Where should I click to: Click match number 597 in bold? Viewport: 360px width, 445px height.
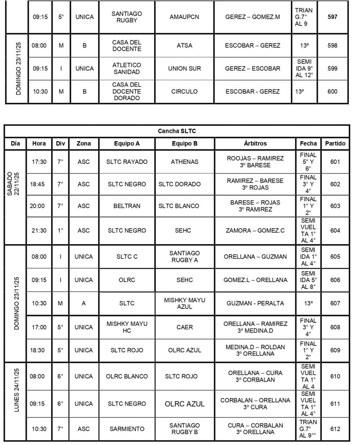click(333, 17)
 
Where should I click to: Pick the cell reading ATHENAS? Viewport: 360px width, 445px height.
click(185, 162)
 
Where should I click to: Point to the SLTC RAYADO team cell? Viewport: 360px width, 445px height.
click(127, 162)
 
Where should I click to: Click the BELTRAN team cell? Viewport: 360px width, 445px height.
click(127, 206)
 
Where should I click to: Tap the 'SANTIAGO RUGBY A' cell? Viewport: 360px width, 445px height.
click(185, 256)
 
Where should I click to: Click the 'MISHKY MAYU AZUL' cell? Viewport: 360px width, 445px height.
click(185, 303)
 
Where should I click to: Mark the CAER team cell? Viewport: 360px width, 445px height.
click(185, 327)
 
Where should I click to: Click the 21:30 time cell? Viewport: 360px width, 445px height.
click(39, 230)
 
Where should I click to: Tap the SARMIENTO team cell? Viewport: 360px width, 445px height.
click(127, 429)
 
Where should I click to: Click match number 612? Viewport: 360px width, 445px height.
click(335, 429)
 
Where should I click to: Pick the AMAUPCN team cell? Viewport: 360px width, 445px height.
click(185, 17)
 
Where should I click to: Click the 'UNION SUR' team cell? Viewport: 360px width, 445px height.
click(185, 68)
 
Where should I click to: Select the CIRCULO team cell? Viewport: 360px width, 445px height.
click(185, 92)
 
